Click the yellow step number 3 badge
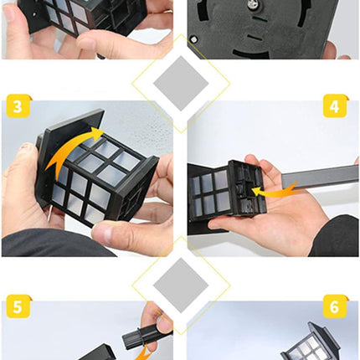18,106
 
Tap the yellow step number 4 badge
335,106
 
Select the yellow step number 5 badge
18,306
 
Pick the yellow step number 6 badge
335,306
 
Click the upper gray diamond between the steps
181,84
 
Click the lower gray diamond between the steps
181,285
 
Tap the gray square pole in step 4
320,177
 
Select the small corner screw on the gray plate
193,39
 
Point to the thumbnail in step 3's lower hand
103,232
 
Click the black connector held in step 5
142,337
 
